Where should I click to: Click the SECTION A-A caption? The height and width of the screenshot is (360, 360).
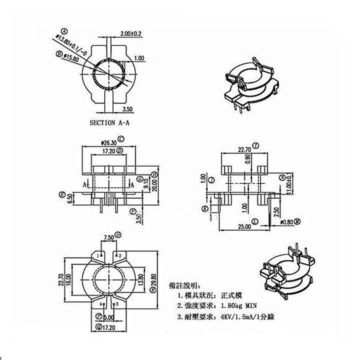click(x=109, y=122)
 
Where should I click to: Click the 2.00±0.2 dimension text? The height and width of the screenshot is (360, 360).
click(x=131, y=34)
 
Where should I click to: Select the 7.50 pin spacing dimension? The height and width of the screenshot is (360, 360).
click(x=109, y=237)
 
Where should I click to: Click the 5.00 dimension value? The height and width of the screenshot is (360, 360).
click(x=108, y=318)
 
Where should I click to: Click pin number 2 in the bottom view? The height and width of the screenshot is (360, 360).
click(x=121, y=255)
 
